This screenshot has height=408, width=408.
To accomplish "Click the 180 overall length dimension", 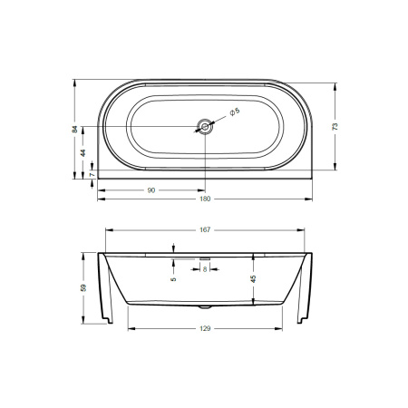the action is coord(205,199).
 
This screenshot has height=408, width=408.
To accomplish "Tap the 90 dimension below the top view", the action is coord(151,190).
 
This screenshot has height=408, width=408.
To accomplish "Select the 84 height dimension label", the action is coord(75,129).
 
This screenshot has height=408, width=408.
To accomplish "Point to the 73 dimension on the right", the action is coord(335,127).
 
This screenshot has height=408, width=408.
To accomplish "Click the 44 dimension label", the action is coord(83,152).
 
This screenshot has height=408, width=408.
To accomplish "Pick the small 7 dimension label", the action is coord(92,175).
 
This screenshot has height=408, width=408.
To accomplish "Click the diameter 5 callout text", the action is coord(235,112).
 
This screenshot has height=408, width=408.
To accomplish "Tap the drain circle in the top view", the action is coord(205,127).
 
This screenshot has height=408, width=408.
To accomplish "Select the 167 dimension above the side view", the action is coord(205,230).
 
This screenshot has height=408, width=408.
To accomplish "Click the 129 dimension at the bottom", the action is coord(205,328).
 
